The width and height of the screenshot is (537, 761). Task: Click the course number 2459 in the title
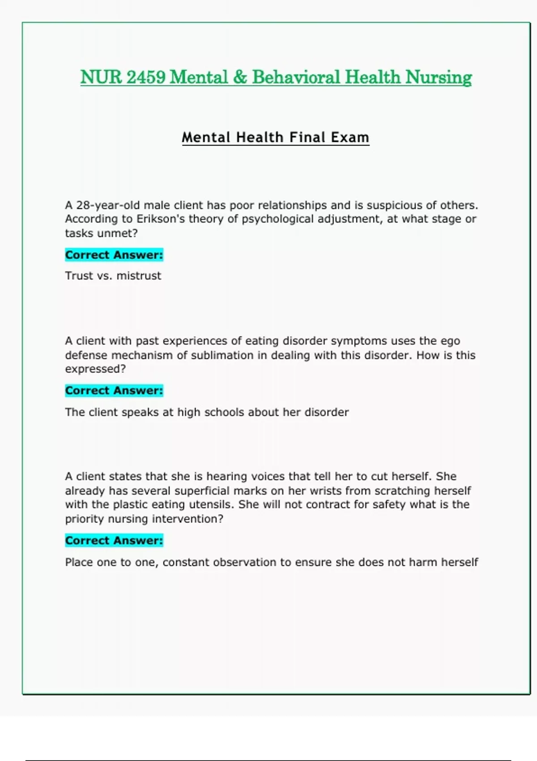click(146, 77)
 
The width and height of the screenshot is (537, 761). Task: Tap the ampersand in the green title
click(240, 77)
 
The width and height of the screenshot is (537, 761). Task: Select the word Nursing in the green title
click(439, 77)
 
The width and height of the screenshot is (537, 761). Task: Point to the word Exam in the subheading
click(350, 137)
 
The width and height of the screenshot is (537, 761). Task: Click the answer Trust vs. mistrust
click(113, 276)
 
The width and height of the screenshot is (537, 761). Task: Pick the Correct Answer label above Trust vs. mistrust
click(114, 255)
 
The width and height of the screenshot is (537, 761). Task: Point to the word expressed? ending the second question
click(95, 369)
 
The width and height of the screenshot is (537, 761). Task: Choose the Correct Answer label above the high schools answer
click(114, 390)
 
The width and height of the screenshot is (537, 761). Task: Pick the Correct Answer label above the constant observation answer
click(114, 540)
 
